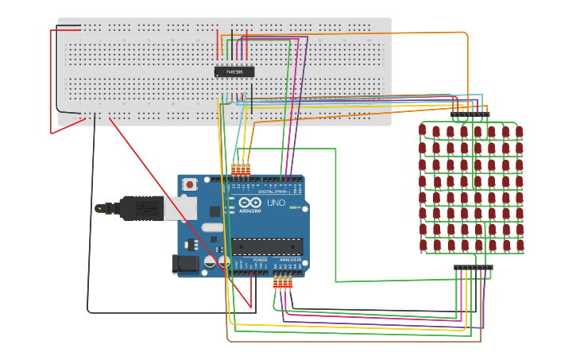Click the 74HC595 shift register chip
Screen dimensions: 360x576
pos(234,72)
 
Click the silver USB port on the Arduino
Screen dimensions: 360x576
pos(180,207)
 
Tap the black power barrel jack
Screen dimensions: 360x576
pos(185,264)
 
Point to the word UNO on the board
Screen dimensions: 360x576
pos(276,203)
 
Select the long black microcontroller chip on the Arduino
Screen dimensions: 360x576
pos(266,247)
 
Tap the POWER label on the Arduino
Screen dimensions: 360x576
pos(260,260)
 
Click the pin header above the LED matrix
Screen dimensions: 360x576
pos(470,114)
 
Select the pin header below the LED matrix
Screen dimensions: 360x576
pos(473,268)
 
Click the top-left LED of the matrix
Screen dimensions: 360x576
pos(423,130)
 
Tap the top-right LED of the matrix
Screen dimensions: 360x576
pos(519,130)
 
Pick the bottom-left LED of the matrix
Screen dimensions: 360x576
pos(423,246)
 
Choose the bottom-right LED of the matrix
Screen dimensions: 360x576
pos(519,246)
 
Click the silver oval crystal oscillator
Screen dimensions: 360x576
pos(213,226)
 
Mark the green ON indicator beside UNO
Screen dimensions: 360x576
pos(294,208)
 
